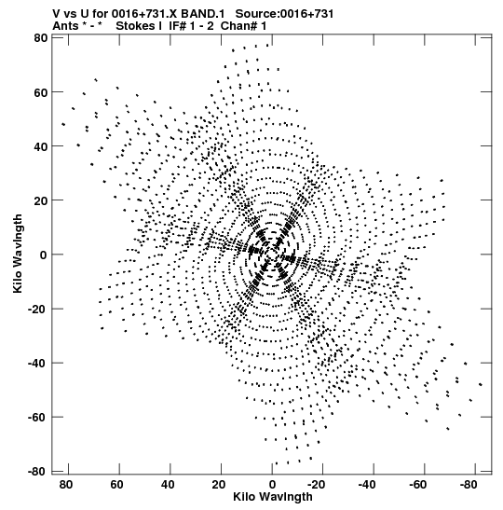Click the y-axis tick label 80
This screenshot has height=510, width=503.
click(x=40, y=38)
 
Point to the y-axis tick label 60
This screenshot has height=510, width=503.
click(x=40, y=92)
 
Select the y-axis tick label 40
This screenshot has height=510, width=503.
click(x=40, y=146)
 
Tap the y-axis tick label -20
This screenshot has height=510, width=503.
click(x=37, y=309)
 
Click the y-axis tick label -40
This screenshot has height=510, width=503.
click(x=37, y=363)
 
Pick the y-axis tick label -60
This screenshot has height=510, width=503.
click(x=37, y=418)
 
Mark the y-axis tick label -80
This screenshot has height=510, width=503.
click(x=37, y=471)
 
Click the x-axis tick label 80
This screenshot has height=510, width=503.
click(x=65, y=485)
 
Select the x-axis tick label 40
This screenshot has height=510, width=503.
click(x=168, y=485)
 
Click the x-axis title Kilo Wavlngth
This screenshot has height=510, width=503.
click(x=273, y=497)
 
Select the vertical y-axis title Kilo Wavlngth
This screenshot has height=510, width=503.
click(x=18, y=254)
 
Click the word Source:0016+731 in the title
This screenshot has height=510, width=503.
click(x=284, y=14)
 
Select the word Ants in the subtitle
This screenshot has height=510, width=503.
click(x=65, y=26)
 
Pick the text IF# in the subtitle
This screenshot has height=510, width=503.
click(x=177, y=26)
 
